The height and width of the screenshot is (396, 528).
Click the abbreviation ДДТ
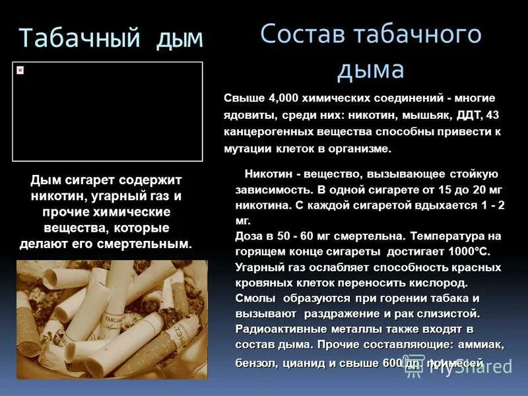[471, 115]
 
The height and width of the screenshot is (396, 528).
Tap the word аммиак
[480, 345]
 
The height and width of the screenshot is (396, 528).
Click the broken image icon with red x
[20, 70]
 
